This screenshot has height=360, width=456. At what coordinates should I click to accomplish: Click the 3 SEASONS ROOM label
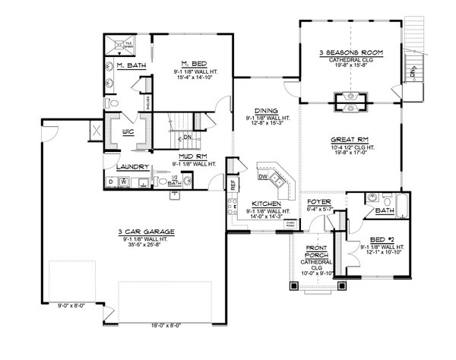point(350,52)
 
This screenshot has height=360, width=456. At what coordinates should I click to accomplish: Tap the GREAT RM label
point(350,140)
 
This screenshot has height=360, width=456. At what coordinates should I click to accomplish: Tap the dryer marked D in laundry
point(111,182)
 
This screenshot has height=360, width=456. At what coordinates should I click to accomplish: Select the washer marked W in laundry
point(124,182)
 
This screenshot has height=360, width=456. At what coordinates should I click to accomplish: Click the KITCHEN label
point(266,204)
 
